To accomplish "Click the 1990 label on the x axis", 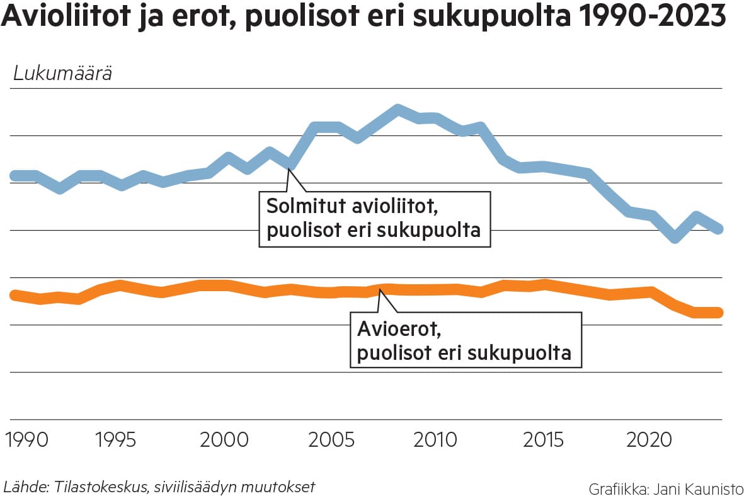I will pos(26,439).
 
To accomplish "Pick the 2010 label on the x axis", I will pos(435,439).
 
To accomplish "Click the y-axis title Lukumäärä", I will pos(62,74).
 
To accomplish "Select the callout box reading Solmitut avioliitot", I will pos(374,218).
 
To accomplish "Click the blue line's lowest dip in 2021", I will pos(675,238).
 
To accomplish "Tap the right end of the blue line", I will pos(718,229).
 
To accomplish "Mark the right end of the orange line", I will pos(718,313).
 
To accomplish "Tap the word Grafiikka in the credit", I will pos(614,488).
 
